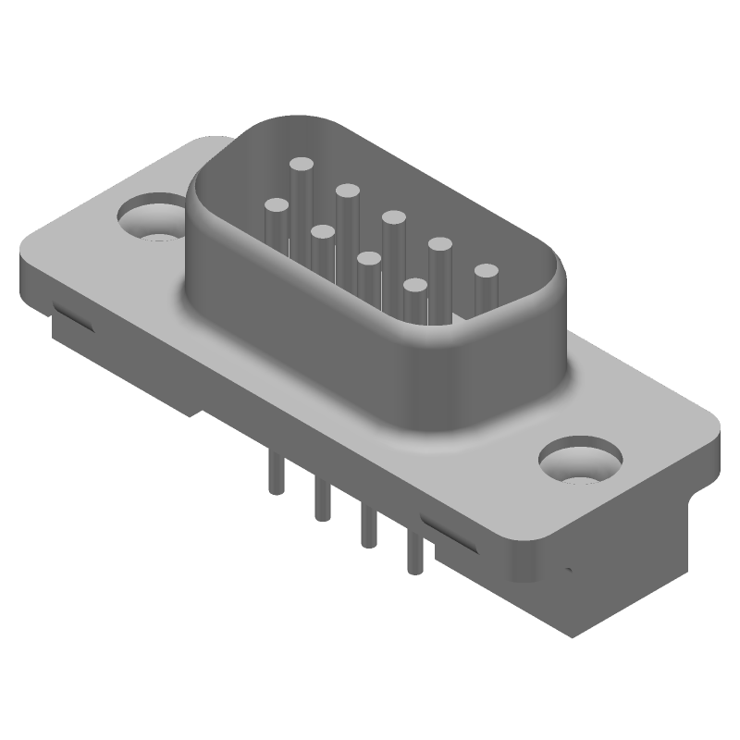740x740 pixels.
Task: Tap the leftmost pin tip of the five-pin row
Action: point(301,165)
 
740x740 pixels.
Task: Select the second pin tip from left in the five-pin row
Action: point(348,191)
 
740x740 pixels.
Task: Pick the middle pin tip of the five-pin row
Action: point(393,218)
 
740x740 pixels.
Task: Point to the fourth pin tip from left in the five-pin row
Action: point(439,245)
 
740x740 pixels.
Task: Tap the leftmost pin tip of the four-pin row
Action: point(276,205)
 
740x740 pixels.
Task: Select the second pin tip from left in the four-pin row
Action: point(322,232)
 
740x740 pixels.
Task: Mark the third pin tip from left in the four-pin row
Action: point(368,259)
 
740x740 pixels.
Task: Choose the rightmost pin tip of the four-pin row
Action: point(414,286)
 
